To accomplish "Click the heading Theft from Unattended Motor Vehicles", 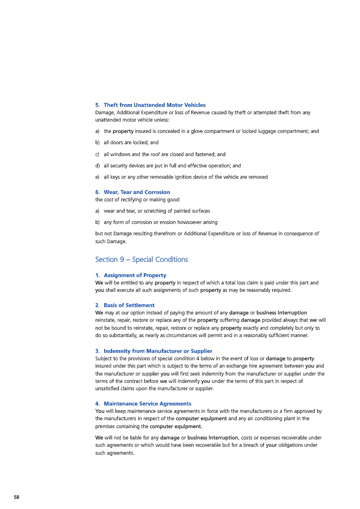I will point(150,105).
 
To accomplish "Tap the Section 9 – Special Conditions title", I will point(142,260).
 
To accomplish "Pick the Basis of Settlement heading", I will point(125,305).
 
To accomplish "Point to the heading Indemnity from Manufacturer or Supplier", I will point(153,351).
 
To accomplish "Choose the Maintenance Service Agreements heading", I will point(143,404).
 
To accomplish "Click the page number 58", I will point(16,497).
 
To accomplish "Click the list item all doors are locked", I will point(130,143).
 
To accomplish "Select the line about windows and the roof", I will point(164,154).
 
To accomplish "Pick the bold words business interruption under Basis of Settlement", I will point(281,313).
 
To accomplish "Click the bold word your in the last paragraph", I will point(271,445).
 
